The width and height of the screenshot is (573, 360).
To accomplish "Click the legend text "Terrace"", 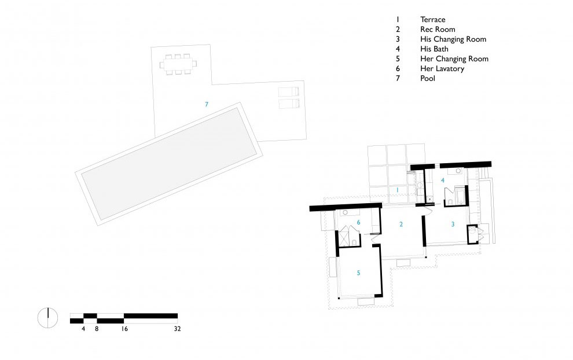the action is pyautogui.click(x=433, y=20).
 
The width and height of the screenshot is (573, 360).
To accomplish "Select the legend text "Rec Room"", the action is pyautogui.click(x=438, y=30).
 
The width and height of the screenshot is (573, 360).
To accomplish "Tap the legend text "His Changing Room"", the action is pyautogui.click(x=453, y=39).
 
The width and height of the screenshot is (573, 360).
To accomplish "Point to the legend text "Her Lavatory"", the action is pyautogui.click(x=442, y=69).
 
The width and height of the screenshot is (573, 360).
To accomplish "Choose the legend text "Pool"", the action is pyautogui.click(x=428, y=79).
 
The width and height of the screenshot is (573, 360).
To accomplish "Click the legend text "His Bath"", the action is pyautogui.click(x=434, y=49).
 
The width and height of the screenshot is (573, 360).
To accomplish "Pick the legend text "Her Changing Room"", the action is pyautogui.click(x=454, y=59).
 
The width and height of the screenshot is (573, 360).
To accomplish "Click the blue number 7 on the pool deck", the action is pyautogui.click(x=207, y=105).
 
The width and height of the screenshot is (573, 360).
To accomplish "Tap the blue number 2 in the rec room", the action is pyautogui.click(x=401, y=225).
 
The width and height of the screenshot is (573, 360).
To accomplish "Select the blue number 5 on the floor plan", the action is pyautogui.click(x=358, y=273).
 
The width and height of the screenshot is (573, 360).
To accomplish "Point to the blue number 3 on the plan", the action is pyautogui.click(x=453, y=225).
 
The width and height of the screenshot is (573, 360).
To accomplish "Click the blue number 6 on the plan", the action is pyautogui.click(x=358, y=223).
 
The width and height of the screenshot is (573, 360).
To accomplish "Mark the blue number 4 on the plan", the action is pyautogui.click(x=443, y=180).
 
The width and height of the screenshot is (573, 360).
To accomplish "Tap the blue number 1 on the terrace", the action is pyautogui.click(x=398, y=190).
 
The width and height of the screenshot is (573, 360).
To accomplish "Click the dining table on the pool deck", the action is pyautogui.click(x=178, y=65).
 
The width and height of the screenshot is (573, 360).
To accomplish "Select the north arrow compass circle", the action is pyautogui.click(x=48, y=318).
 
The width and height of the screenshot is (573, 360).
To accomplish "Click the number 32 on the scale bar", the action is pyautogui.click(x=177, y=329).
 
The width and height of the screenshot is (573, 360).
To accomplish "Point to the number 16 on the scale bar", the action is pyautogui.click(x=124, y=329).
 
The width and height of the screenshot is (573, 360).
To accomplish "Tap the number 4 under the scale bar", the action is pyautogui.click(x=83, y=329).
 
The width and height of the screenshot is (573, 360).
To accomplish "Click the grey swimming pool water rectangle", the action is pyautogui.click(x=169, y=163).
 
